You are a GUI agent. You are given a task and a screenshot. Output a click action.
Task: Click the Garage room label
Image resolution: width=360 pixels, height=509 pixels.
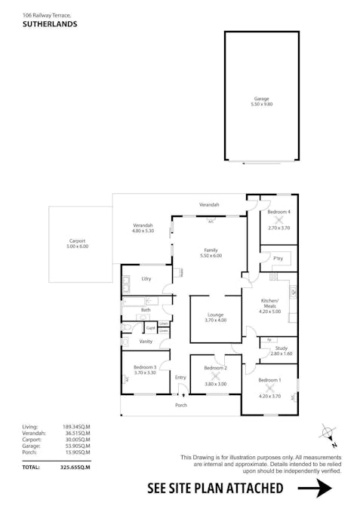[x=262, y=101]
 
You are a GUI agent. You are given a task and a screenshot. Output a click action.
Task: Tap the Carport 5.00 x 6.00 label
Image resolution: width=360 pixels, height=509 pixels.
[x=77, y=243]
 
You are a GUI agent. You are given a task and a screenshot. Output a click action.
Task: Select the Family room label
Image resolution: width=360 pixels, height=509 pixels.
[x=211, y=253]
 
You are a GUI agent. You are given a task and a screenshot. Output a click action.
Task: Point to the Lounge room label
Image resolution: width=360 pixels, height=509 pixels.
[x=215, y=317]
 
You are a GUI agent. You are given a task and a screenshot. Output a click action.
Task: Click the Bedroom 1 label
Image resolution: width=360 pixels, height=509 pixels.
[x=269, y=382]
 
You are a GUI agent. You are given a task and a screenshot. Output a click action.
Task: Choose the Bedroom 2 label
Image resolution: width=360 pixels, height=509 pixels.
[x=216, y=368]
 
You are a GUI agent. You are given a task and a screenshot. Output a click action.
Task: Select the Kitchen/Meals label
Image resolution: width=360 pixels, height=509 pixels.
[x=269, y=303]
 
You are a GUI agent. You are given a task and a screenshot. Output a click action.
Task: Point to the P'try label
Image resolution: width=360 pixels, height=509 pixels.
[x=278, y=257]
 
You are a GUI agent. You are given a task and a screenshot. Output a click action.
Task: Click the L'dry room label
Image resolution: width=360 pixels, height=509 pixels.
[x=146, y=279]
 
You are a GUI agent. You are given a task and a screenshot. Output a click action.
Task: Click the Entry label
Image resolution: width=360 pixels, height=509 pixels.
[x=180, y=377]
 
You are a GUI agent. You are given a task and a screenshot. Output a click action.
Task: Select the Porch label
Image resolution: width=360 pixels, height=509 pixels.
[x=181, y=405]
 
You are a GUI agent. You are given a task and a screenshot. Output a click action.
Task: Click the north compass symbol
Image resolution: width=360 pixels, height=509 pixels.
[x=328, y=434]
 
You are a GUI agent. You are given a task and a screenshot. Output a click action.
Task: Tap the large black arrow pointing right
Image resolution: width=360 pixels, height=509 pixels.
[x=315, y=489]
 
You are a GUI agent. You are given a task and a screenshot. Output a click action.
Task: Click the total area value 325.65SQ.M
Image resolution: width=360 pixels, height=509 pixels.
[x=75, y=468]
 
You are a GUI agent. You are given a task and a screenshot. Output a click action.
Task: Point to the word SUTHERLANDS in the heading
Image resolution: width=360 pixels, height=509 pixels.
[x=50, y=24]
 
